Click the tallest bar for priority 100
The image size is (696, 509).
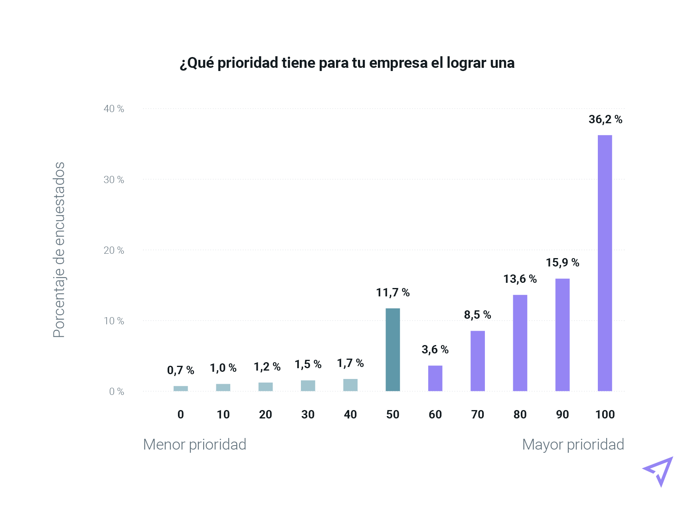point(605,263)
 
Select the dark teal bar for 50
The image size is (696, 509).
point(393,349)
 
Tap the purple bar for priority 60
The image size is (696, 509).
point(435,378)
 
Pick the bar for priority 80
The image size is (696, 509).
point(520,343)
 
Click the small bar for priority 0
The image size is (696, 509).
point(181,389)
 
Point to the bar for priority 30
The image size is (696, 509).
point(308,386)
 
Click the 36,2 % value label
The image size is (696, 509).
point(605,119)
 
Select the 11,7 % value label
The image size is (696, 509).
point(393,293)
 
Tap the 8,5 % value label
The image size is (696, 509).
point(477,315)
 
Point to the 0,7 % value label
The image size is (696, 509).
point(180,371)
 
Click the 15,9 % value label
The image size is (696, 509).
point(562,262)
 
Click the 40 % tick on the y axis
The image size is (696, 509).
point(114,109)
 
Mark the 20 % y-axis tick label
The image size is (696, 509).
point(114,251)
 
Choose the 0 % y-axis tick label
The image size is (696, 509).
point(117,392)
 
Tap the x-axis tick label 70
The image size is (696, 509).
point(477,415)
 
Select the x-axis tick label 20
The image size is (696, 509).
point(265,415)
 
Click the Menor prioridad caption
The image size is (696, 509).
point(194,445)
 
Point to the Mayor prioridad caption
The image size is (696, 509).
point(573,445)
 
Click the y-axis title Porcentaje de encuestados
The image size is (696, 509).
point(59,250)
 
